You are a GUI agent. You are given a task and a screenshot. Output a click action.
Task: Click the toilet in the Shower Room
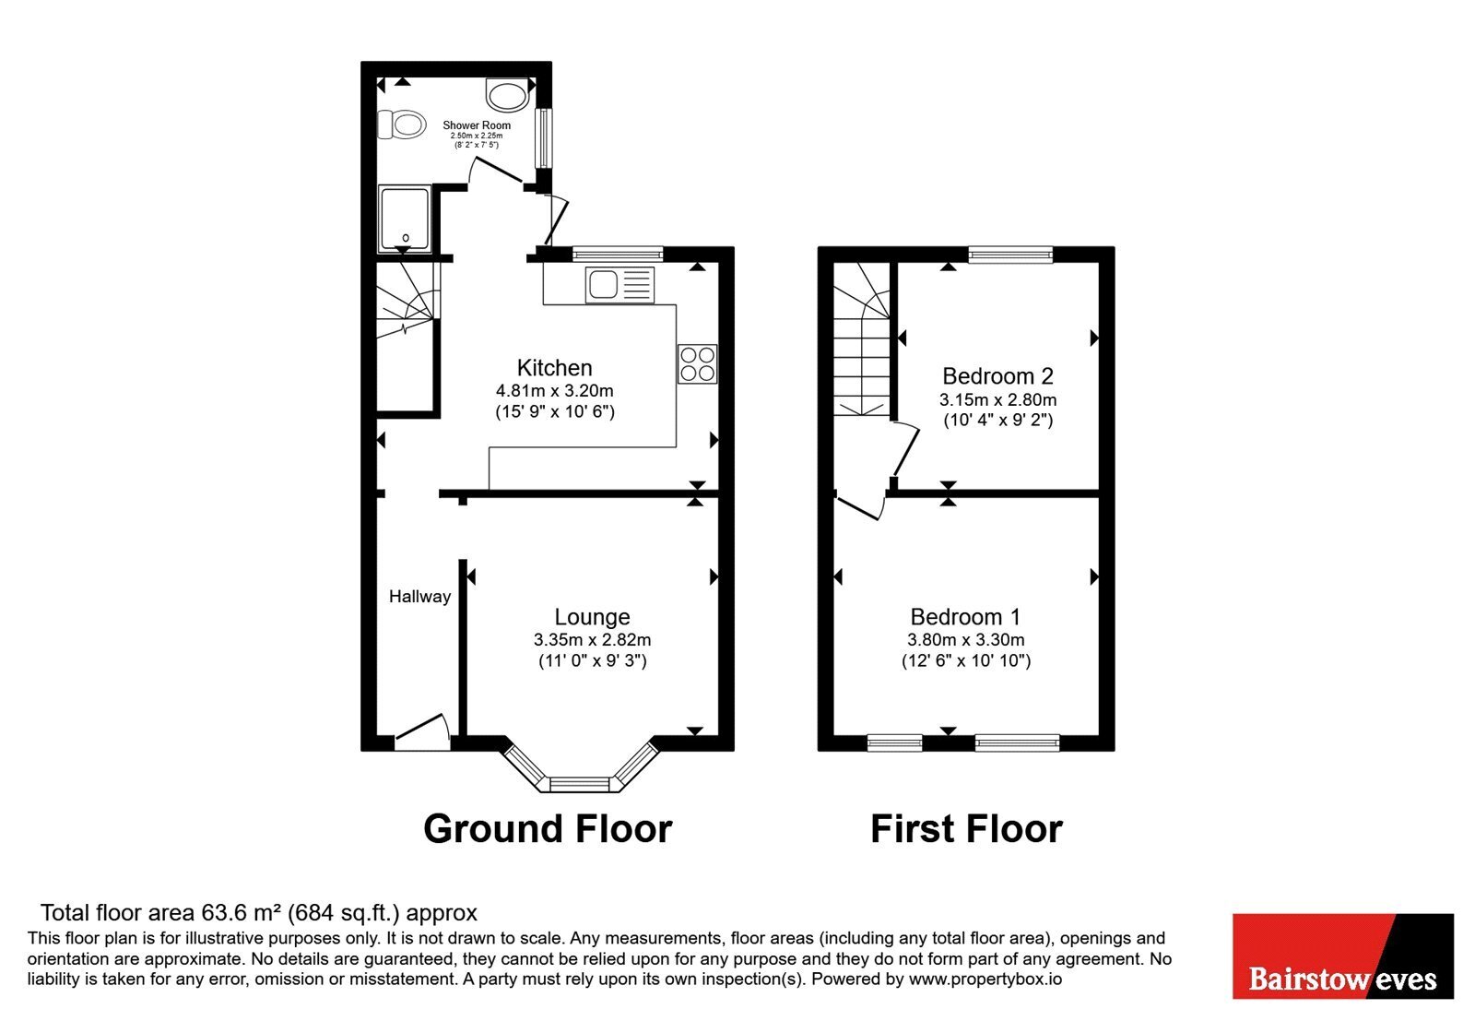pyautogui.click(x=401, y=124)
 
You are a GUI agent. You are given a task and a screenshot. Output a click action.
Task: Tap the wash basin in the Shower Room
pyautogui.click(x=508, y=94)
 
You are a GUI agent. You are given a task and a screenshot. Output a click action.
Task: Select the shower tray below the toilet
pyautogui.click(x=405, y=219)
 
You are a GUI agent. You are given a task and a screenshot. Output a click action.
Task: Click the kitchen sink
pyautogui.click(x=619, y=285)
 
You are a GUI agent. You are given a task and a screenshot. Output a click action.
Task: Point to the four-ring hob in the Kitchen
pyautogui.click(x=698, y=363)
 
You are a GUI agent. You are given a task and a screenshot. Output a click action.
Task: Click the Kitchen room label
pyautogui.click(x=554, y=368)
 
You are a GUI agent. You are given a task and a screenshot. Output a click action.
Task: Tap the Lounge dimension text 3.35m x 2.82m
pyautogui.click(x=593, y=640)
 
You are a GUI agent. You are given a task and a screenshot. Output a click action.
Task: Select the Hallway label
pyautogui.click(x=420, y=597)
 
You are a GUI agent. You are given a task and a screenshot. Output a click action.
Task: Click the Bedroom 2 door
pyautogui.click(x=906, y=451)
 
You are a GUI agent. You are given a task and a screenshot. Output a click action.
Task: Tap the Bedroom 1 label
pyautogui.click(x=965, y=617)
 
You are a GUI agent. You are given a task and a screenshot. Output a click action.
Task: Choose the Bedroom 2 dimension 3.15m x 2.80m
pyautogui.click(x=998, y=400)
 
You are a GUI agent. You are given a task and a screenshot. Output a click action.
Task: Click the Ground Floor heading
pyautogui.click(x=548, y=829)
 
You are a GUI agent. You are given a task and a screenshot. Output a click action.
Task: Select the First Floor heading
pyautogui.click(x=967, y=829)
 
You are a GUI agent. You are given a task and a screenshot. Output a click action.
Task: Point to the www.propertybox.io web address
pyautogui.click(x=985, y=980)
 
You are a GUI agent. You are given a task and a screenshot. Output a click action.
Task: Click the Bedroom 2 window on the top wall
pyautogui.click(x=1010, y=255)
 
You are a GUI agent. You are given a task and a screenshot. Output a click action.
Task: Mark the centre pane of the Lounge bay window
pyautogui.click(x=581, y=784)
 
